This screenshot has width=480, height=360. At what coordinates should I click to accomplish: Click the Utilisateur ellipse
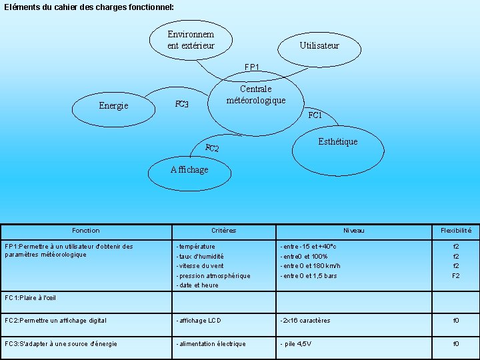[x=319, y=46]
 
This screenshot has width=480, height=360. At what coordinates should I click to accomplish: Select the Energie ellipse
[x=113, y=106]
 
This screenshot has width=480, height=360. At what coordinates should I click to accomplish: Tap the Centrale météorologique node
[x=255, y=95]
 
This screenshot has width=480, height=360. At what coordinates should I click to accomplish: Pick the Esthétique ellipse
[x=337, y=142]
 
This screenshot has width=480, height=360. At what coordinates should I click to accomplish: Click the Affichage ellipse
[x=189, y=170]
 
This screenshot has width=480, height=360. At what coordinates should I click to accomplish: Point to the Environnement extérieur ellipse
[x=191, y=40]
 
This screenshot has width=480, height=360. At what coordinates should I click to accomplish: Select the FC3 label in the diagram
[x=182, y=104]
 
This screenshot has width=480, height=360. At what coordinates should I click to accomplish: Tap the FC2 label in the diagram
[x=212, y=148]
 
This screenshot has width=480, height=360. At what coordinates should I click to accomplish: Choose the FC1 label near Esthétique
[x=315, y=115]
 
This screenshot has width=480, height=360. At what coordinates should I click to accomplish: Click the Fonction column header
[x=86, y=231]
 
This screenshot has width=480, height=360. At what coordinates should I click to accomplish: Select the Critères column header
[x=223, y=231]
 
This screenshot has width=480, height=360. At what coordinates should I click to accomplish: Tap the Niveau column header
[x=354, y=231]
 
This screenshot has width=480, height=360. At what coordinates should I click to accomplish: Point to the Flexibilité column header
[x=456, y=231]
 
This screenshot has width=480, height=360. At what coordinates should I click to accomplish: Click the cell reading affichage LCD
[x=199, y=321]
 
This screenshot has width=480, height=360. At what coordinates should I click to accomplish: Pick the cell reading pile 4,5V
[x=297, y=344]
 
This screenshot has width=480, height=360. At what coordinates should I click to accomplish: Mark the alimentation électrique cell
[x=211, y=344]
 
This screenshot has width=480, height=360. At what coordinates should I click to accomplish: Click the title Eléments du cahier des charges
[x=80, y=7]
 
